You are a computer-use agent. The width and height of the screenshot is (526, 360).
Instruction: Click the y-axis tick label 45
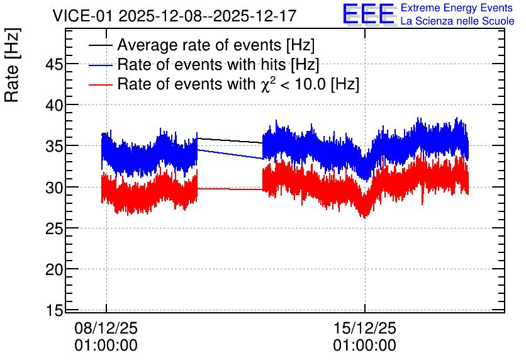(x=54, y=64)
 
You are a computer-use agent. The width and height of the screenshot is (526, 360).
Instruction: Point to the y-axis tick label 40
(x=54, y=105)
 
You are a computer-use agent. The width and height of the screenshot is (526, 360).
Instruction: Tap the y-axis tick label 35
(x=54, y=146)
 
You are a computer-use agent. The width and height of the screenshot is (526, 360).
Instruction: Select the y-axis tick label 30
(x=54, y=188)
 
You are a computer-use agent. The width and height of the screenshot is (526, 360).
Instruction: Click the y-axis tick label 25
(x=54, y=228)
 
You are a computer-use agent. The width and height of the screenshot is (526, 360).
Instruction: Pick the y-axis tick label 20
(x=54, y=269)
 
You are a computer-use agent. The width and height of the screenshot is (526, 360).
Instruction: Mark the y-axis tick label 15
(x=54, y=310)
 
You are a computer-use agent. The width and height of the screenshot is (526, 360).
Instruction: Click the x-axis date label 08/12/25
(x=106, y=328)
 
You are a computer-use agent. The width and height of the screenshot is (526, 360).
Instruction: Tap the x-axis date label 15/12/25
(x=365, y=328)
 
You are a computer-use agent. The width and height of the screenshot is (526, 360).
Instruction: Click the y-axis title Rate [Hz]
(x=12, y=65)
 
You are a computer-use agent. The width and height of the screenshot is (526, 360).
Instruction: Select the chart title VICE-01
(x=82, y=16)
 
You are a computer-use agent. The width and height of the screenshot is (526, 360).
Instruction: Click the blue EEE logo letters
(x=369, y=14)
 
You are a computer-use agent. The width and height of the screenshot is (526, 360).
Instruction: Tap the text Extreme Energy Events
(x=457, y=8)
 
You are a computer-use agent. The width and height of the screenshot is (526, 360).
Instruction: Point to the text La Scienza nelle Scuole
(x=457, y=21)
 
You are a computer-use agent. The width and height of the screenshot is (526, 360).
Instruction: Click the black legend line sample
(x=100, y=45)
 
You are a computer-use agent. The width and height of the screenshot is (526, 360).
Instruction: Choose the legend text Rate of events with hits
(x=201, y=64)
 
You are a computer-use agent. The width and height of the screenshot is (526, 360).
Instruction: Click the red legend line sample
(x=100, y=84)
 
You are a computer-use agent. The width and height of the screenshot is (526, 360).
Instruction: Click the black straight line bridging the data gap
(x=230, y=140)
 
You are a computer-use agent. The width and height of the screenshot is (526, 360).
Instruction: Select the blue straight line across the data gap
(x=230, y=154)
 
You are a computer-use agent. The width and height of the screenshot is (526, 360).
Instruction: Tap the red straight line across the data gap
(x=230, y=189)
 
